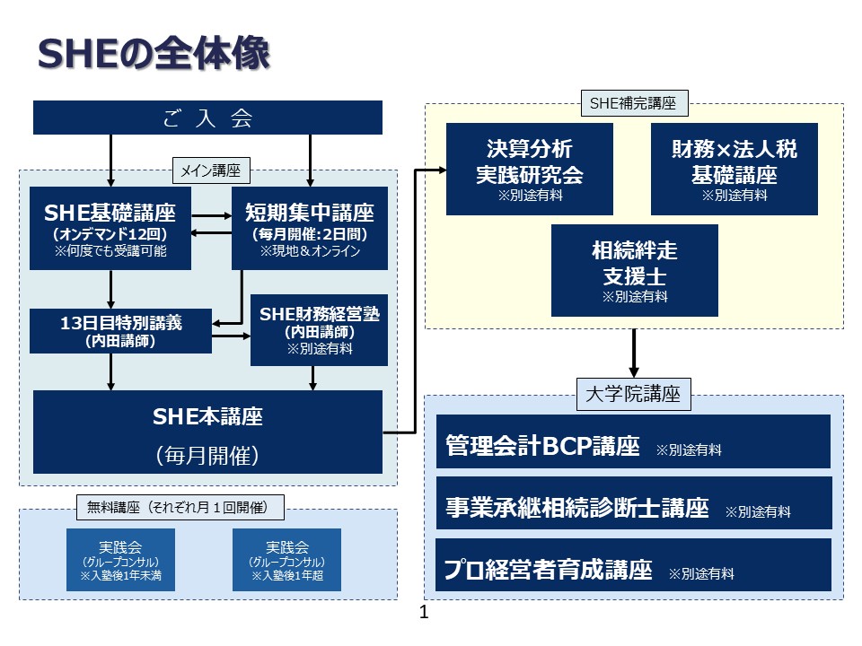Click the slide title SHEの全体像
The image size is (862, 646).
pos(154,54)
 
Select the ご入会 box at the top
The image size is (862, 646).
pos(207,118)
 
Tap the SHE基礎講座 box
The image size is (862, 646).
pos(110,228)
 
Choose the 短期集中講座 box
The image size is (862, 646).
pos(310,228)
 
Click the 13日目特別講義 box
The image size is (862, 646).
pos(120,331)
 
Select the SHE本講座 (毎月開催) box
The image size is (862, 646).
pos(207,432)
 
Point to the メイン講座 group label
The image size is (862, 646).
pos(211,169)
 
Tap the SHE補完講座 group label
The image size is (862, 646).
pos(634,104)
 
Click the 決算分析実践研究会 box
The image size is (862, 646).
pos(529,169)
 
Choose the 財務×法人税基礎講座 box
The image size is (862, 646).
pos(734,169)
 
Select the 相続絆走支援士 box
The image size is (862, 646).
pos(634,270)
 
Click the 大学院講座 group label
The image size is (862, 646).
pos(633,394)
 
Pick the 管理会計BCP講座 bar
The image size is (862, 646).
pos(633,446)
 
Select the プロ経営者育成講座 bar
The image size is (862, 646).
pos(633,570)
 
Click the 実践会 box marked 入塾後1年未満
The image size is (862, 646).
pos(120,560)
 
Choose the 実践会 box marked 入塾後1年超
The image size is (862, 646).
pos(286,560)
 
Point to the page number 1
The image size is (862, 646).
pos(424,614)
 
